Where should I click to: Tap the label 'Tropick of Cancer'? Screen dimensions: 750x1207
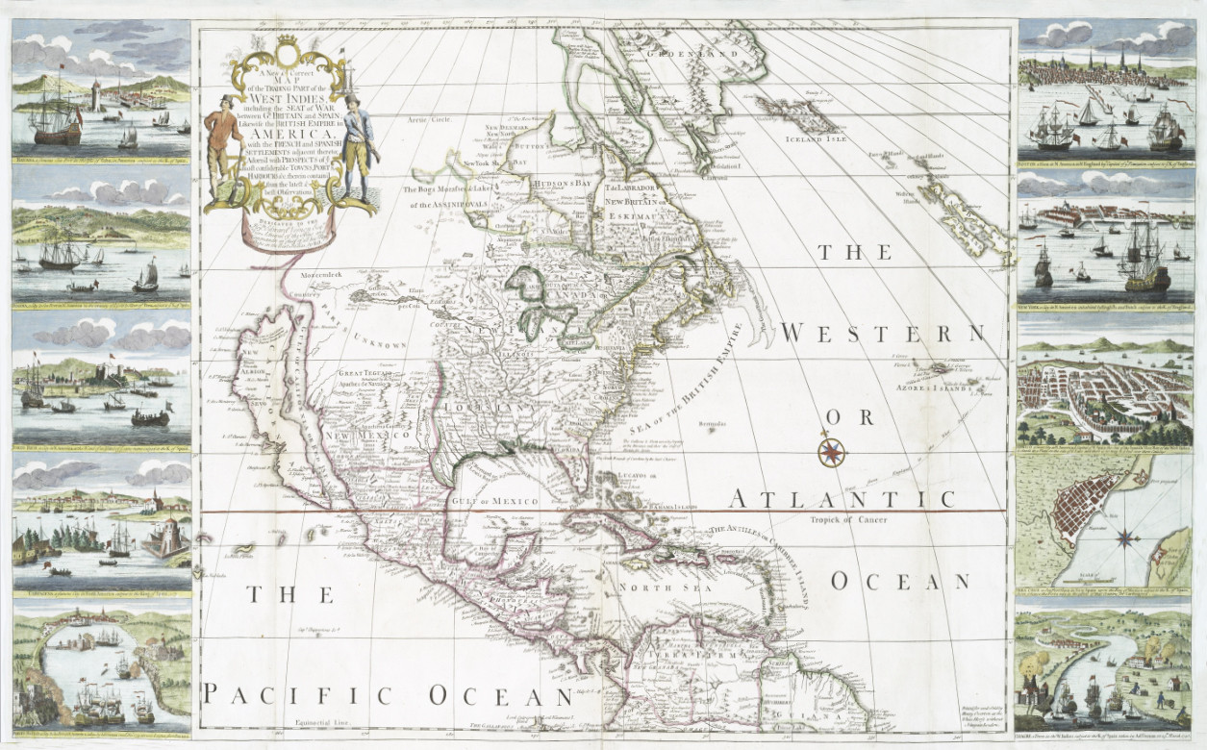pyautogui.click(x=847, y=519)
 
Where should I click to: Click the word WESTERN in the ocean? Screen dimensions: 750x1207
pyautogui.click(x=883, y=333)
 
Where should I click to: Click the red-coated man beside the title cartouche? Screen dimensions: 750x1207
pyautogui.click(x=223, y=135)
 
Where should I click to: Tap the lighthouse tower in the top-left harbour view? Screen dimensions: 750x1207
pyautogui.click(x=96, y=97)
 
